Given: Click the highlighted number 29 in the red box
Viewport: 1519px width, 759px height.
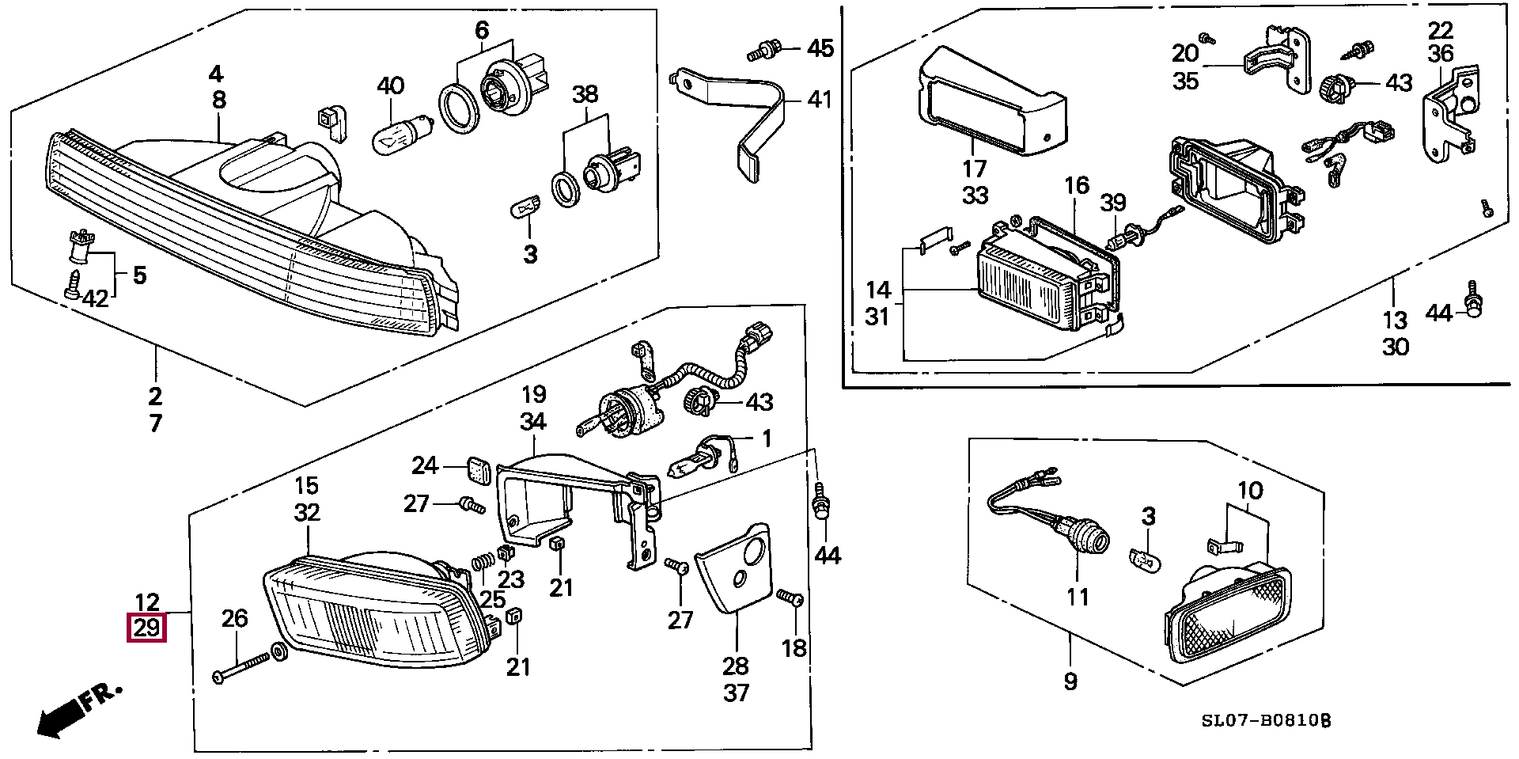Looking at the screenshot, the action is coord(148,630).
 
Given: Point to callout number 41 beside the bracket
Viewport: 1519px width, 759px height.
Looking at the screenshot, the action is coord(820,100).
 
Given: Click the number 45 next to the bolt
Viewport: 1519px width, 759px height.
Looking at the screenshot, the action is coord(820,48).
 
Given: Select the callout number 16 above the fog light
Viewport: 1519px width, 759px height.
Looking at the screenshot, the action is coord(1076,186).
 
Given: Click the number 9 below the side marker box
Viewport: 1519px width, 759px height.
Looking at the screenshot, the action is coord(1070,681).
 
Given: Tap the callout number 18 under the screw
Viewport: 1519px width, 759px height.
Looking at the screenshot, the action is coord(794,647).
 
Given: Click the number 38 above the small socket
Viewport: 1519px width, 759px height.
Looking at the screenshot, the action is coord(585,95).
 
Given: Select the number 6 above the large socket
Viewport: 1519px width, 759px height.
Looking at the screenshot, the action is coord(482,31).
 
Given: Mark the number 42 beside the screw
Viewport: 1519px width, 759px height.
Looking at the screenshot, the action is coord(95,298).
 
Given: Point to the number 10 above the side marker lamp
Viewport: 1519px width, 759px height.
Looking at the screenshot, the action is coord(1251,491).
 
